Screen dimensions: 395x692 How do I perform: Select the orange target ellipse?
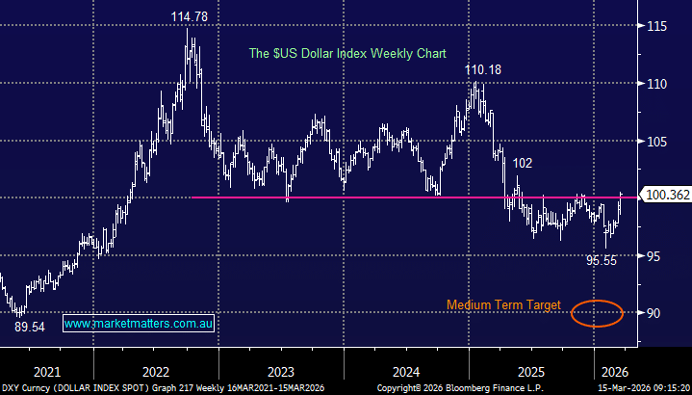tap(596, 313)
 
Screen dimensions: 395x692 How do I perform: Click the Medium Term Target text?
tap(503, 304)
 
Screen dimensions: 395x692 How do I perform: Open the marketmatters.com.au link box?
tap(139, 325)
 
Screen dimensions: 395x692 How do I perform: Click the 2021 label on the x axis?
tap(46, 371)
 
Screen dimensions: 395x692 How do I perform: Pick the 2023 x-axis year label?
tap(281, 371)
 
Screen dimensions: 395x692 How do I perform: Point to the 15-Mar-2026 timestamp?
tap(640, 387)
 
